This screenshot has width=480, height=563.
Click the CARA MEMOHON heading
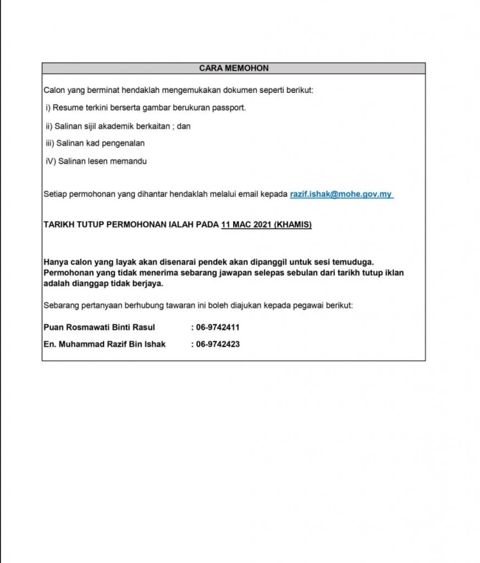(x=234, y=68)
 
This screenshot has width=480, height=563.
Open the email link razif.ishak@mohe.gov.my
(x=341, y=194)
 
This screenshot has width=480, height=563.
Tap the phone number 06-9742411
(x=217, y=327)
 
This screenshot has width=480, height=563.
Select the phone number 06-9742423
(x=217, y=344)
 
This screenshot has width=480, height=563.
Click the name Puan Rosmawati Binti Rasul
(x=99, y=327)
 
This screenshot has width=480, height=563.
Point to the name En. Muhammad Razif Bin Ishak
(x=104, y=344)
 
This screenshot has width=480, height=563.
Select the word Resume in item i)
(x=66, y=108)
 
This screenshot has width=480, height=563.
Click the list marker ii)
(x=48, y=126)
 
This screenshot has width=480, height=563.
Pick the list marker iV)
(x=50, y=162)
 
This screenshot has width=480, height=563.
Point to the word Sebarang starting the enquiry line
(x=61, y=305)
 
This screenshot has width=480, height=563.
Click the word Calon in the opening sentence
(x=54, y=90)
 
